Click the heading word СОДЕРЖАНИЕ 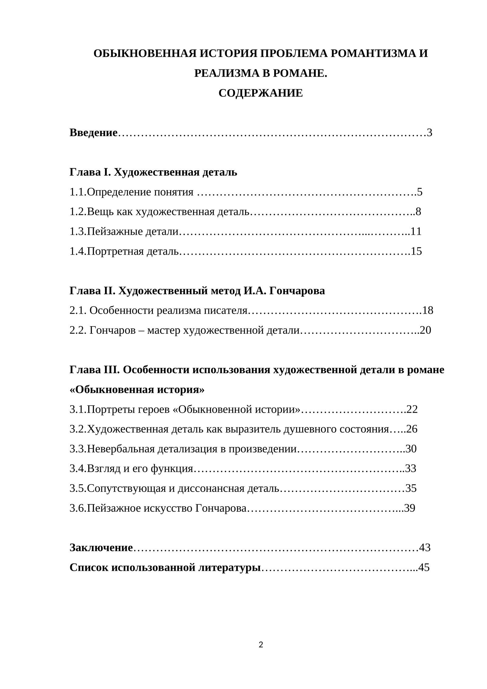pos(260,93)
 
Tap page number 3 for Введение pos(429,133)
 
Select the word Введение pos(93,133)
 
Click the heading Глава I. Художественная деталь pos(153,172)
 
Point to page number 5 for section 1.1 pos(420,192)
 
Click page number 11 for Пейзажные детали pos(416,231)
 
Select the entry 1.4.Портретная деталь pos(124,251)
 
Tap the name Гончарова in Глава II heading pos(297,291)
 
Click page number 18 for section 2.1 pos(428,310)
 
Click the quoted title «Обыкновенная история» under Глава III pos(137,390)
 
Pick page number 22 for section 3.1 pos(412,409)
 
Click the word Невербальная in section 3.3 pos(121,449)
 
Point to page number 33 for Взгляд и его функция pos(411,468)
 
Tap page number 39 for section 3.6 pos(410,508)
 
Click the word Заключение pos(101,548)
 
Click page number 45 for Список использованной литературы pos(424,567)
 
